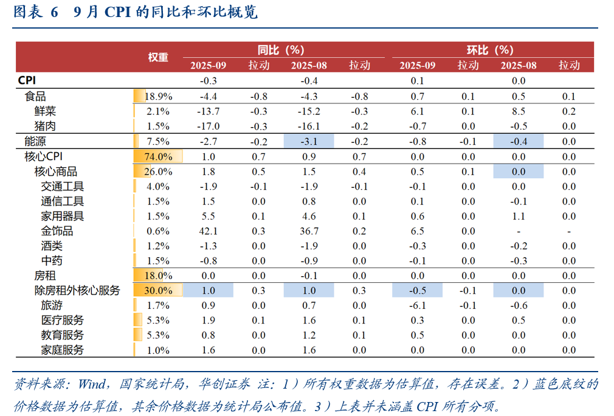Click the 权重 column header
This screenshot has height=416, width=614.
(x=158, y=57)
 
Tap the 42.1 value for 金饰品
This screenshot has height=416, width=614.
(x=208, y=231)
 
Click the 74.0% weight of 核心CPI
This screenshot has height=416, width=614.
(x=158, y=156)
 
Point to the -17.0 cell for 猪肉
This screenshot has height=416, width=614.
(x=208, y=127)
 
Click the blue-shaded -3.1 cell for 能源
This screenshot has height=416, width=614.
(x=309, y=142)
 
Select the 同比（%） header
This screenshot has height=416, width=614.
(x=280, y=50)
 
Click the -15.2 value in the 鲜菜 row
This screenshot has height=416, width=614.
(x=309, y=111)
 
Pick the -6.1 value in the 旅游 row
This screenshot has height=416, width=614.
(x=417, y=305)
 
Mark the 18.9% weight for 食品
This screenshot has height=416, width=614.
(x=159, y=97)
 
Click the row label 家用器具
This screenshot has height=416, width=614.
(x=62, y=216)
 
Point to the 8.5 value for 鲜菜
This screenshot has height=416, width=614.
(x=518, y=111)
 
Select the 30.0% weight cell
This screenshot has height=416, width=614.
(x=158, y=291)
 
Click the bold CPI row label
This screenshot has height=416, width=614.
(x=28, y=80)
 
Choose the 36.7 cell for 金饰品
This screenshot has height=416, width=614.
(x=309, y=231)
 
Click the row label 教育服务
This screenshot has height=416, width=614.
(x=62, y=335)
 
